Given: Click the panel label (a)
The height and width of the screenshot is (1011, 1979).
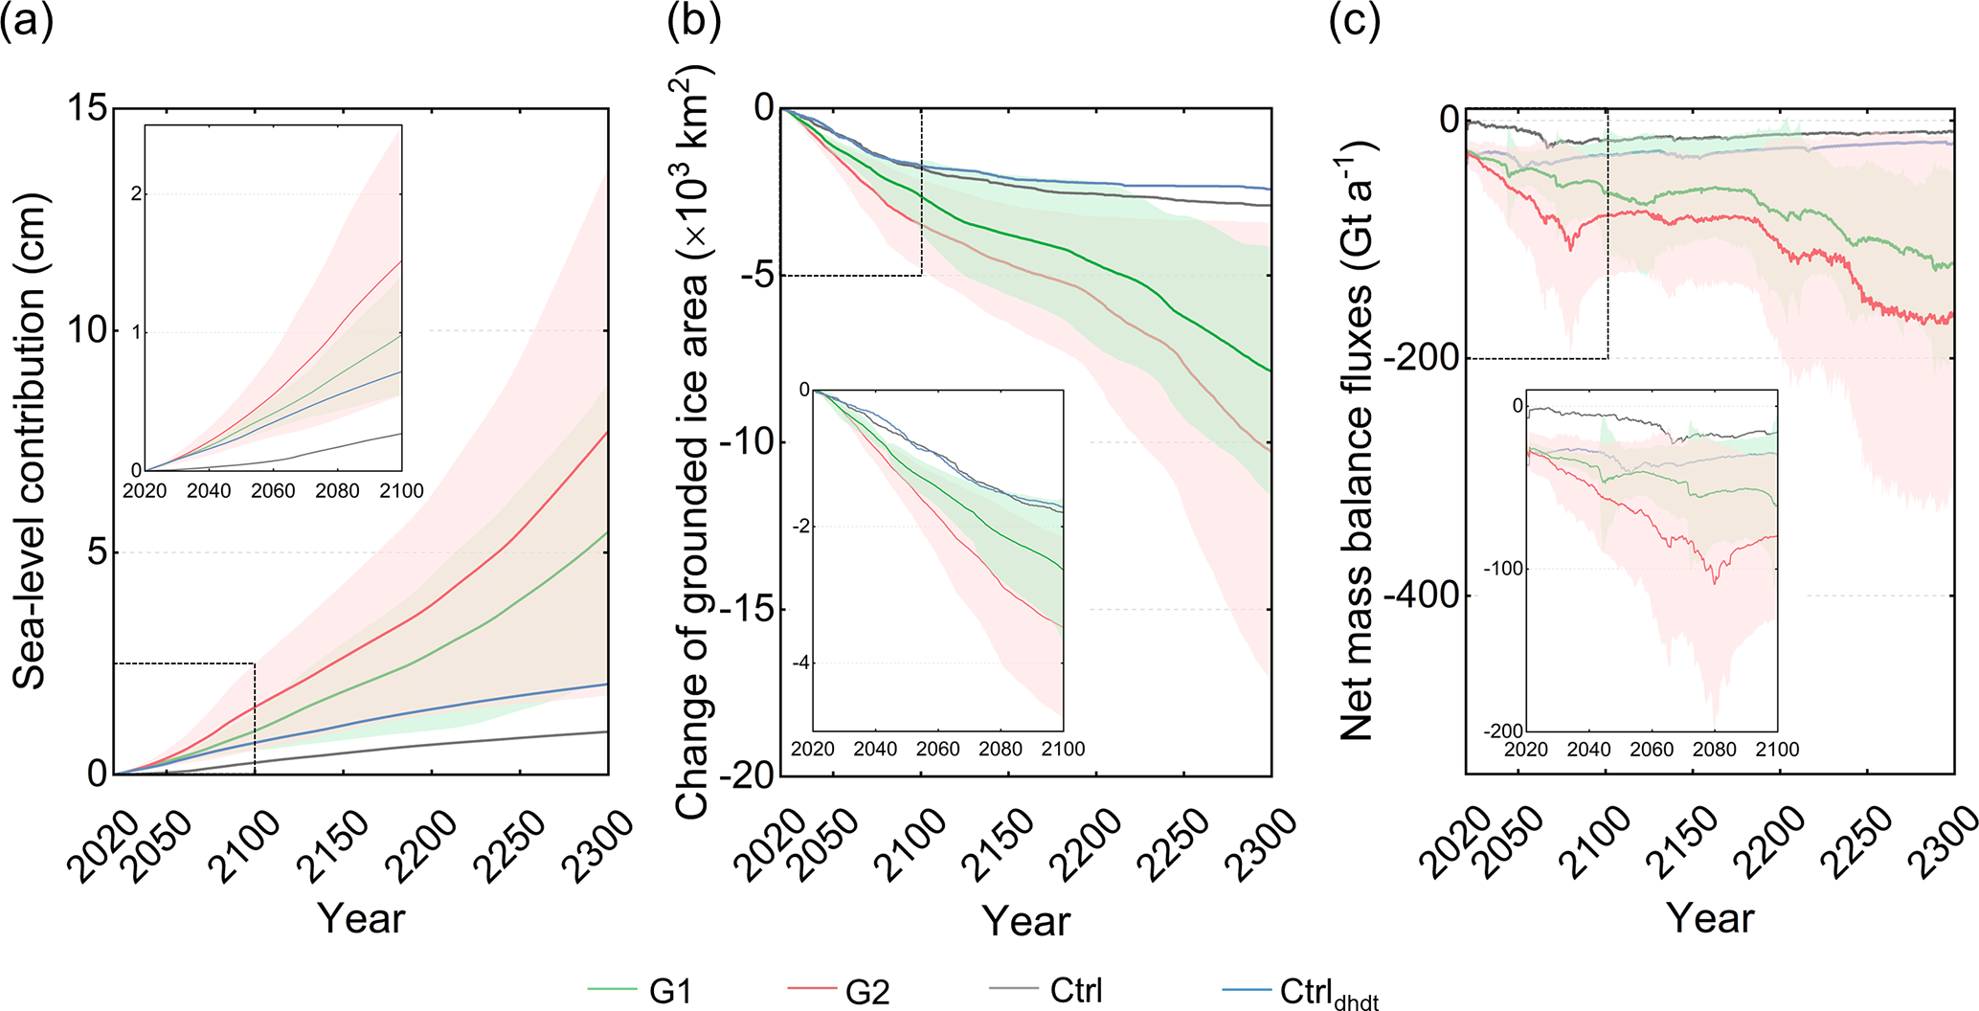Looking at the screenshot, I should pos(27,22).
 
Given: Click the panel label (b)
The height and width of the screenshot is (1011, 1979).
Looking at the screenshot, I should pos(693,22).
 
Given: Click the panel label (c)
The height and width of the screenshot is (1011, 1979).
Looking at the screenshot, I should pos(1354,22).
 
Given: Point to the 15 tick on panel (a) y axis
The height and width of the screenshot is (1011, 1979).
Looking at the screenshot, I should pos(87,108).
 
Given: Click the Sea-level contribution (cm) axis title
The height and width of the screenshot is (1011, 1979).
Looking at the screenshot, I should pos(31,440).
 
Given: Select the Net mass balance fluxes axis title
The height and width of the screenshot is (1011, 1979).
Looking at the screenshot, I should pos(1358,440).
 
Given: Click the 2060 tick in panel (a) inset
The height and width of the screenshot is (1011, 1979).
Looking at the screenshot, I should pos(273,491).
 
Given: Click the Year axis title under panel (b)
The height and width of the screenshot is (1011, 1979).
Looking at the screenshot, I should pos(1025,920).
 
